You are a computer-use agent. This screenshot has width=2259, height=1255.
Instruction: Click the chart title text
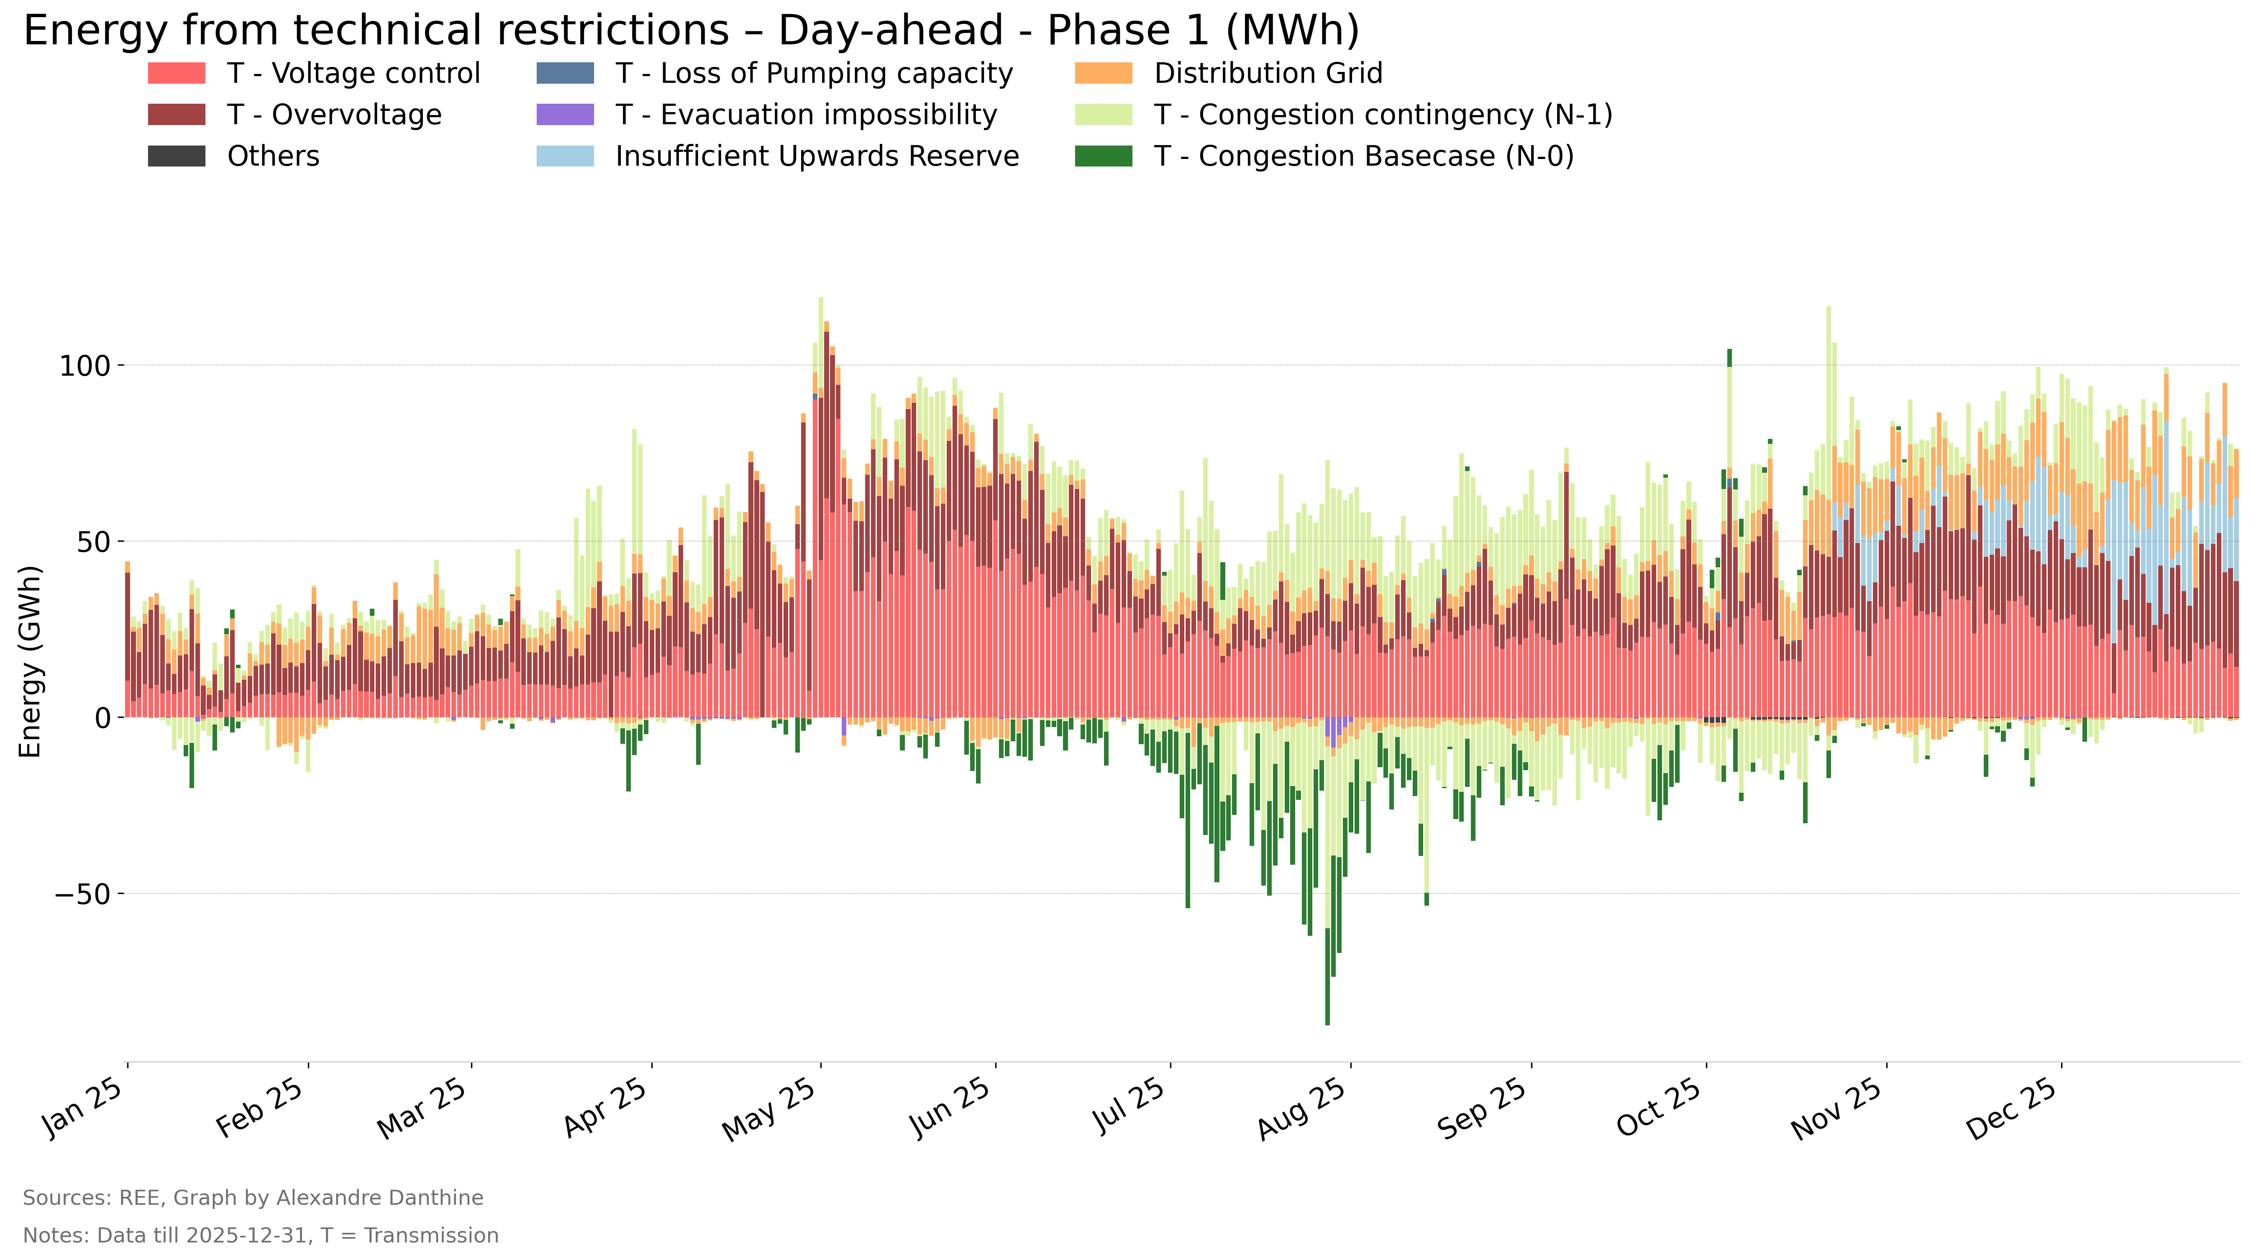pos(691,31)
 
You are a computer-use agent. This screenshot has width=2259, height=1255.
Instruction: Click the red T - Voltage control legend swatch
pos(176,73)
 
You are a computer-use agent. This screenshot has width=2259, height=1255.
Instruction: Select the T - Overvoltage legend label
pos(334,115)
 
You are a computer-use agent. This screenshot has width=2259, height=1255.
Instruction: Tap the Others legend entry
pos(233,156)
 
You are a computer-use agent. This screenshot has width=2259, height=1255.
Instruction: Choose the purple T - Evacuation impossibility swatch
pos(565,115)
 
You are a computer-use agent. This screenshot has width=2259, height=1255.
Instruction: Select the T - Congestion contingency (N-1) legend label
pos(1383,115)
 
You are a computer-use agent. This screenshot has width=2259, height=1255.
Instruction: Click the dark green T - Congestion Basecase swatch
pos(1103,156)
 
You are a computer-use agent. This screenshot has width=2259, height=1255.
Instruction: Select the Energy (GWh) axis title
pos(31,661)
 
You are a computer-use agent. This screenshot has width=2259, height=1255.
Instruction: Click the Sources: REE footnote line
pos(254,1198)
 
